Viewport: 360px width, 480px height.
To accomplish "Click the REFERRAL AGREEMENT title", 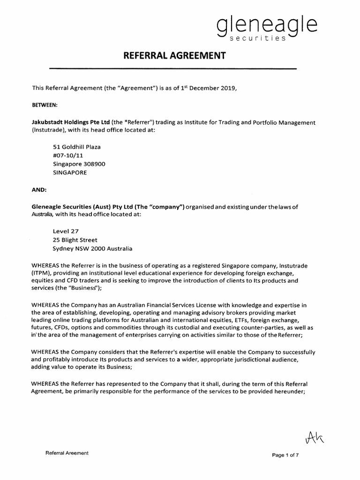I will coord(174,56).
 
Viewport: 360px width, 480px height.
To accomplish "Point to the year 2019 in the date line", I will coord(221,88).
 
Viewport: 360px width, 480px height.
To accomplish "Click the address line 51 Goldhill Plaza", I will coord(77,147).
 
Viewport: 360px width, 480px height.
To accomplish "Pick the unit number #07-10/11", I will coord(70,155).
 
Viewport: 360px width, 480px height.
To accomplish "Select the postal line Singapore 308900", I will coord(79,164).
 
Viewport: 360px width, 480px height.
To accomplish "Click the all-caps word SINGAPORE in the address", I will coord(70,172).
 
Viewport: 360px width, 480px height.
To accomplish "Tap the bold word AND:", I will coord(39,190).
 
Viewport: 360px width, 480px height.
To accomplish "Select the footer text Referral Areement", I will coord(67,453).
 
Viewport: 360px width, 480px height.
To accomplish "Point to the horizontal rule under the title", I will coord(173,69).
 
